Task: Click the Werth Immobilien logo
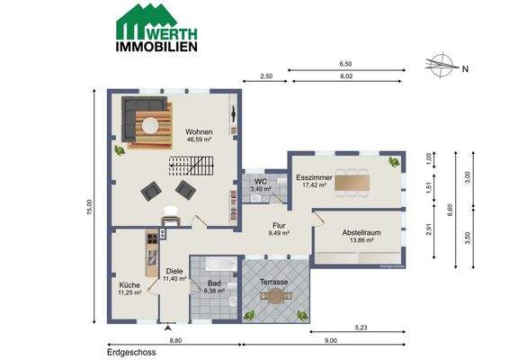[157, 26]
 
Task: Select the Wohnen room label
[198, 131]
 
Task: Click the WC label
[259, 180]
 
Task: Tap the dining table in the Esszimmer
[358, 179]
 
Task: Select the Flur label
[279, 226]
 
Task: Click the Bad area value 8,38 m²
[214, 292]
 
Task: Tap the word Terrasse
[274, 282]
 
